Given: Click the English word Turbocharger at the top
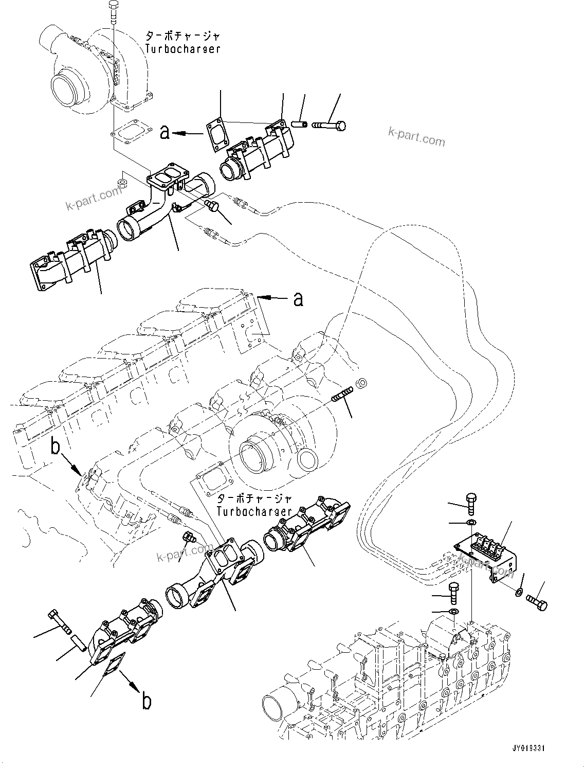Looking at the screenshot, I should pyautogui.click(x=182, y=49).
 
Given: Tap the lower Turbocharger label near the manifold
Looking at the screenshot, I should pyautogui.click(x=254, y=511).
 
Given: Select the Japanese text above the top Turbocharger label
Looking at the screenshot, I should pyautogui.click(x=182, y=37).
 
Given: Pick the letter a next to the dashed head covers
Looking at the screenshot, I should pyautogui.click(x=298, y=298).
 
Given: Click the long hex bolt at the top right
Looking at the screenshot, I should pyautogui.click(x=329, y=124).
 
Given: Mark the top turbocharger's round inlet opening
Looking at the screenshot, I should pyautogui.click(x=65, y=84).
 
